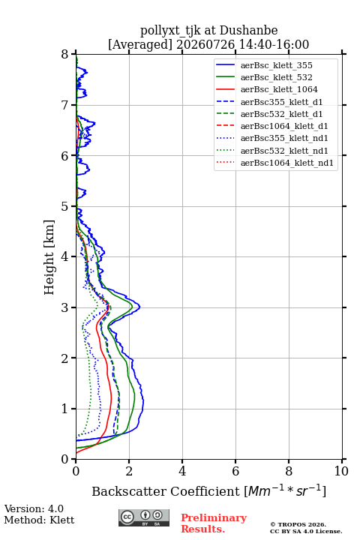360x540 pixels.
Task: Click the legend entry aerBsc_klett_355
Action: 276,65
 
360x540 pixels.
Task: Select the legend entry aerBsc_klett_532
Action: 276,77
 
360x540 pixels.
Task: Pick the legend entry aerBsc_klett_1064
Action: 279,89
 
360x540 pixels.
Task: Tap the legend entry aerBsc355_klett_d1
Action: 281,102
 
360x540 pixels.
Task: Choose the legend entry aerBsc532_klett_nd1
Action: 284,151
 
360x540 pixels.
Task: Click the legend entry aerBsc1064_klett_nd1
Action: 287,163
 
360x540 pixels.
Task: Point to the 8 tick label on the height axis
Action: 65,54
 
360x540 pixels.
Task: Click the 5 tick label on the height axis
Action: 65,206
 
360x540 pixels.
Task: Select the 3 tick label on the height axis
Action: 65,307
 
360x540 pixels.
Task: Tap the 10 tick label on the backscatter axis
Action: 341,471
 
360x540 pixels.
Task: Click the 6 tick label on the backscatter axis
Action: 235,471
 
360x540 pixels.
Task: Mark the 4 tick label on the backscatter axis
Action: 182,471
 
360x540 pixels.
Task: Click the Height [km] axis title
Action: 49,257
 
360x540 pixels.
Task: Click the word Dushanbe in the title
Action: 248,30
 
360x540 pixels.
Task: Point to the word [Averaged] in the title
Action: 140,44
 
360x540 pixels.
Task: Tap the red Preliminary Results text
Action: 214,523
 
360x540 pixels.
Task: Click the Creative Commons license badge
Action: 144,517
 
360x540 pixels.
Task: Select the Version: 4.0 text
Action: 34,508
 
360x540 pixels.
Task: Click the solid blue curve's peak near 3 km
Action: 139,307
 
